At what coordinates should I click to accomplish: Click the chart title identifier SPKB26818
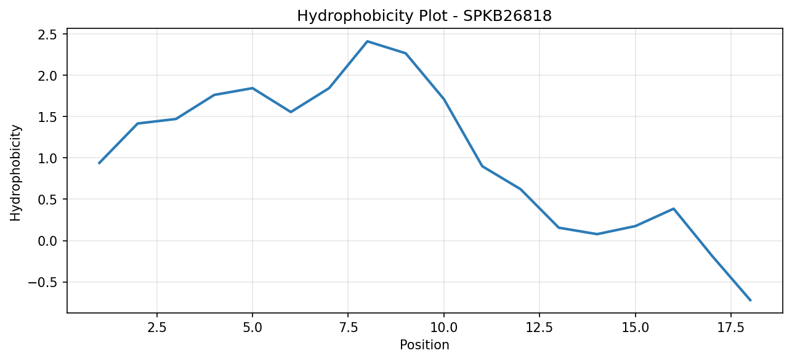[507, 16]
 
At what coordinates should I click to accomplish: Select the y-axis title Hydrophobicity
[15, 172]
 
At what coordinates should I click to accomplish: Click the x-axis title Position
[424, 345]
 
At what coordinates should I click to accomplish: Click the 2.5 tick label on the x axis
[156, 328]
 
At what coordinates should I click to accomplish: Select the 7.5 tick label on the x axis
[348, 328]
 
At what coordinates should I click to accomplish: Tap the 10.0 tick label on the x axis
[444, 328]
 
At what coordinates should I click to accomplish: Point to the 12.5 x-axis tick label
[539, 328]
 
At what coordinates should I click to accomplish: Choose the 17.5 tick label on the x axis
[731, 328]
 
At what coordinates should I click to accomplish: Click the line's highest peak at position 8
[367, 41]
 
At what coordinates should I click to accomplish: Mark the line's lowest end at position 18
[750, 300]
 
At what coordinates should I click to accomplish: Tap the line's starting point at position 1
[99, 163]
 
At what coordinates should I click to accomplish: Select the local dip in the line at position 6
[291, 112]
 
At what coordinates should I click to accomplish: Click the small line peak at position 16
[674, 209]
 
